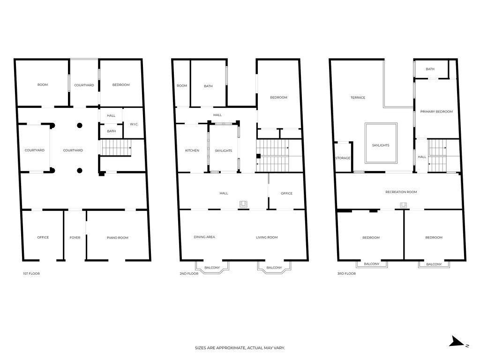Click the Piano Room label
point(118,238)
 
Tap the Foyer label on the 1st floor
point(75,238)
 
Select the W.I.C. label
point(134,124)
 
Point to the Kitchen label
point(192,150)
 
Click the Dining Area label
point(204,237)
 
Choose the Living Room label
point(267,237)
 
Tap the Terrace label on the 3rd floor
point(358,97)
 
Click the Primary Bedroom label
point(436,112)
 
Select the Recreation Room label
point(401,192)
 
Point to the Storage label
point(343,158)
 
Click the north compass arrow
point(457,341)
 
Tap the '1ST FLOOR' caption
point(31,273)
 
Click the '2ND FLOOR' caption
point(189,273)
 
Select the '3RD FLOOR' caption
point(346,273)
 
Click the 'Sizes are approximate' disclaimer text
point(240,348)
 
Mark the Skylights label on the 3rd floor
point(381,145)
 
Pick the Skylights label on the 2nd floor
point(224,150)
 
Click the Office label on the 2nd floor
point(286,194)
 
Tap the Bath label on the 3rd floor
point(430,69)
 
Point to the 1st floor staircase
point(116,148)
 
